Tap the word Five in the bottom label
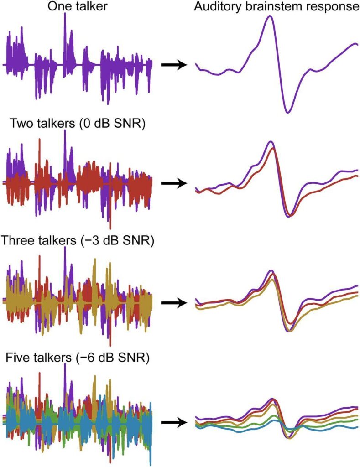click(x=20, y=358)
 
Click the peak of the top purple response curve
click(x=271, y=16)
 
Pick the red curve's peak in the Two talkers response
click(x=272, y=148)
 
